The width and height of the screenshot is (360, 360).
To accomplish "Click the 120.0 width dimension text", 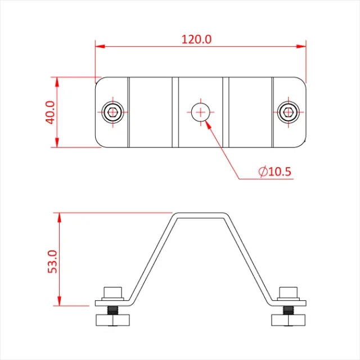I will click(x=196, y=39).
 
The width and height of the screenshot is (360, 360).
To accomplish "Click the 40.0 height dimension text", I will click(x=49, y=112).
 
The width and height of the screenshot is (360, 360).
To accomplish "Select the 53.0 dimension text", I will click(x=52, y=259).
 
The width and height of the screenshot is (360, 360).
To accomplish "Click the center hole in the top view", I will click(x=200, y=112).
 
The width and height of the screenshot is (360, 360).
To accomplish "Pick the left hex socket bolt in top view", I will click(x=114, y=112).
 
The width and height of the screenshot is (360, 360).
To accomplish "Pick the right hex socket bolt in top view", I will click(x=289, y=112).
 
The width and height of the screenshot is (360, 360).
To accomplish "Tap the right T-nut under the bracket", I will click(x=289, y=321).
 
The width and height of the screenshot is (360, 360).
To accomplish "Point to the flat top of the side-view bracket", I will click(x=201, y=214).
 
